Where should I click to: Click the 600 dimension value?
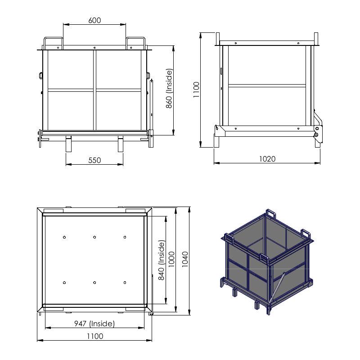(94, 20)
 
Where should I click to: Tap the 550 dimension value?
(94, 160)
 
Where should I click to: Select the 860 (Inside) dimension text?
(169, 88)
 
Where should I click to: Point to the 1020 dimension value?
(267, 159)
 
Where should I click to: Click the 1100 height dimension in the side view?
(196, 90)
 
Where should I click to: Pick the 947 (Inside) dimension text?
(94, 324)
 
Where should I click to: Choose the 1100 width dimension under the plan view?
(95, 336)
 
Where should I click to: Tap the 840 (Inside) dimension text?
(162, 260)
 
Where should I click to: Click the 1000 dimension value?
(172, 259)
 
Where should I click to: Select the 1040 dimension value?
(185, 259)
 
